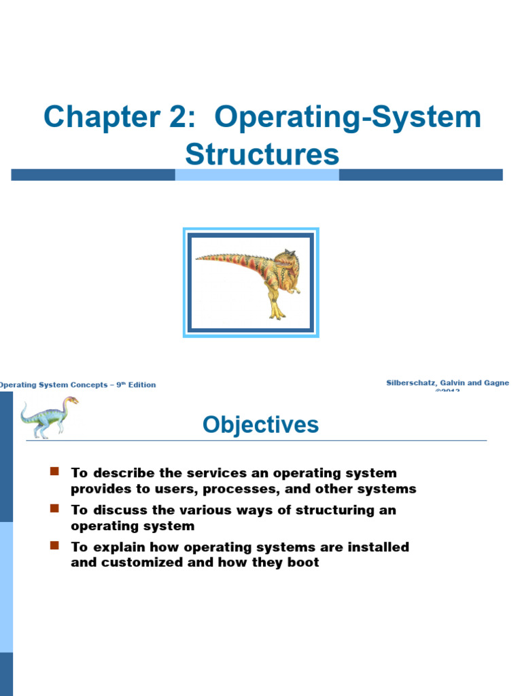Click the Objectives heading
[x=260, y=425]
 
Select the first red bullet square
[x=55, y=472]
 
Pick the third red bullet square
[x=55, y=546]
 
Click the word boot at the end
[x=302, y=563]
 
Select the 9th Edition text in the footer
[x=135, y=385]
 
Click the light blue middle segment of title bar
[x=257, y=175]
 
